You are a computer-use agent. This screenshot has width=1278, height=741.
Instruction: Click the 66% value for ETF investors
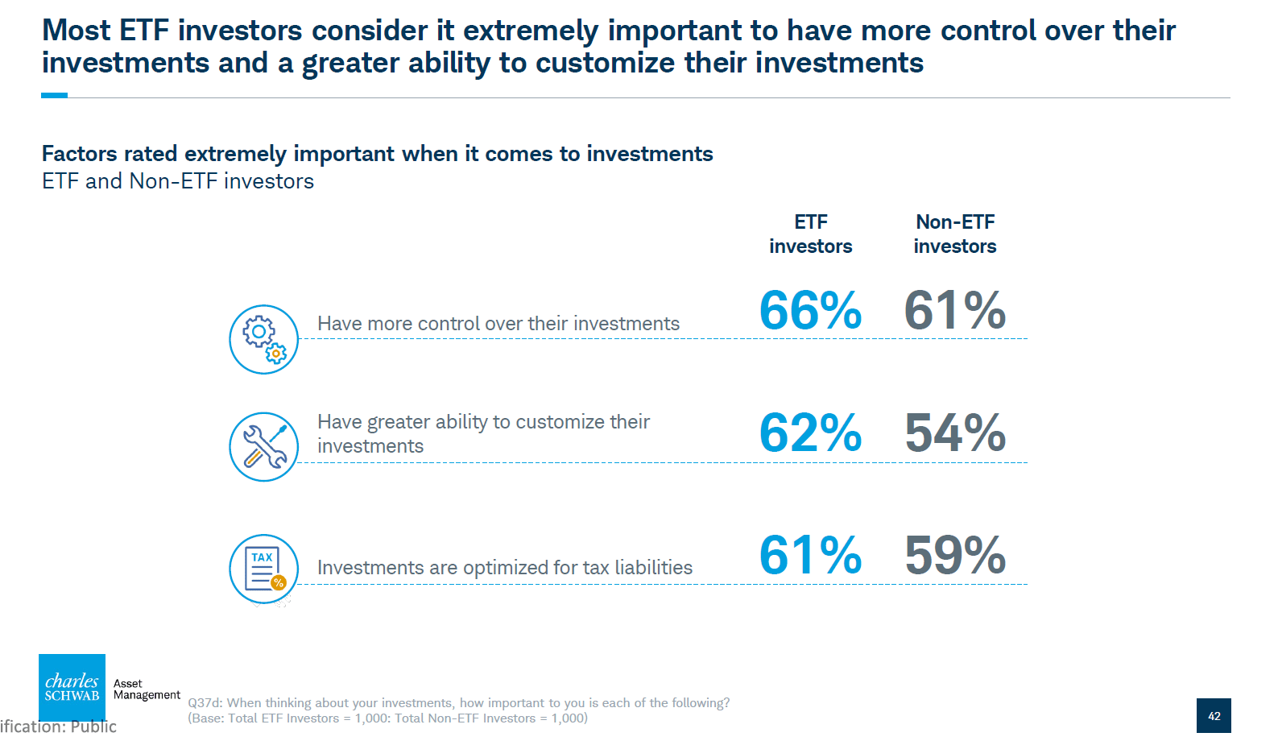(x=810, y=311)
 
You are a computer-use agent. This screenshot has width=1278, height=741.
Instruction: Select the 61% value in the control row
(x=955, y=311)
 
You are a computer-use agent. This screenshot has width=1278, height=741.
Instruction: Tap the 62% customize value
(x=810, y=433)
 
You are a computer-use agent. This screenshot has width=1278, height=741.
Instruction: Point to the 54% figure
(x=955, y=433)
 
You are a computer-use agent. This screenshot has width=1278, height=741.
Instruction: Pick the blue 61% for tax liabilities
(x=810, y=556)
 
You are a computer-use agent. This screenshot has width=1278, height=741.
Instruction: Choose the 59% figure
(x=955, y=556)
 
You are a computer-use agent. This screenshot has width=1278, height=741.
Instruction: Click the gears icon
(x=264, y=339)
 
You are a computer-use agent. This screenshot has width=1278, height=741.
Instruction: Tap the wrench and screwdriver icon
(x=264, y=447)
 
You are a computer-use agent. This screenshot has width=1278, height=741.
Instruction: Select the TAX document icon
(x=264, y=569)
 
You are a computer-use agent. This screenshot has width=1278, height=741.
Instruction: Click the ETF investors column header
(x=810, y=234)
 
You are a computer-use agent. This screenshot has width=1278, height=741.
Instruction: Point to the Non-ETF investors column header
(x=955, y=234)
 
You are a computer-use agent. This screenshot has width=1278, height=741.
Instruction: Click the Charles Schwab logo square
(x=72, y=687)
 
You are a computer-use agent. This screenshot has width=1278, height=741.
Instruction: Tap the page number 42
(x=1214, y=715)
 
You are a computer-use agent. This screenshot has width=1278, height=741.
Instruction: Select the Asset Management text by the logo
(x=146, y=689)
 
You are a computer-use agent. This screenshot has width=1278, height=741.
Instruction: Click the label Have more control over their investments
(x=498, y=324)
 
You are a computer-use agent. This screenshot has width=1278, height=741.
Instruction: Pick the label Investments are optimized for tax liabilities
(x=505, y=568)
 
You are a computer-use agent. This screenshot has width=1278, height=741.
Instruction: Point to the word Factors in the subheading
(x=79, y=154)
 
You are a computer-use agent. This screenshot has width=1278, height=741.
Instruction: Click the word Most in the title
(x=76, y=31)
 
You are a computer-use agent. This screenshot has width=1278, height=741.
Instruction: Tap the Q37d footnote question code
(x=205, y=703)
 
